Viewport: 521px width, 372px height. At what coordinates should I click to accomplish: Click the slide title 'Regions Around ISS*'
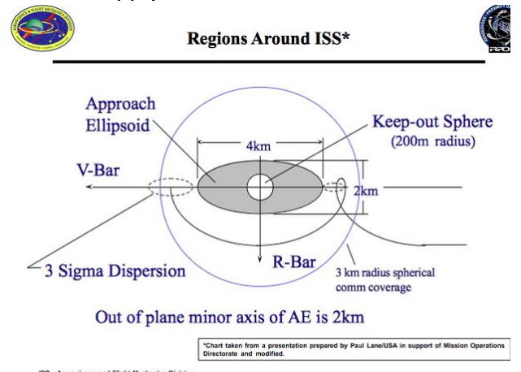tap(268, 38)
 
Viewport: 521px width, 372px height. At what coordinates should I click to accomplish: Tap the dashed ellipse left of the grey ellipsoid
tap(171, 188)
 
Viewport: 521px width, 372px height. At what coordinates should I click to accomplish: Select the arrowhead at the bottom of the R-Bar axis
tap(260, 244)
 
